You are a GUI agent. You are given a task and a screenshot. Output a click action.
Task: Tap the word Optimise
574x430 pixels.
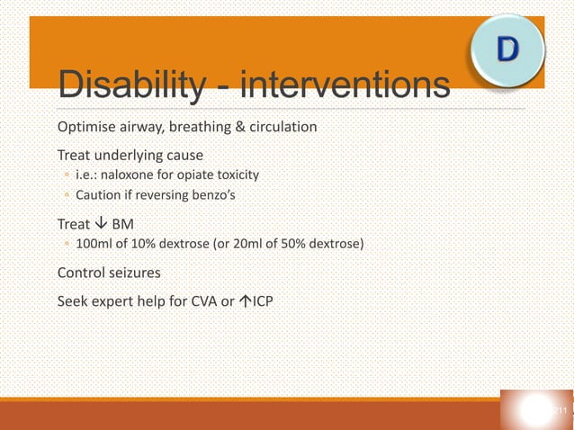pyautogui.click(x=87, y=126)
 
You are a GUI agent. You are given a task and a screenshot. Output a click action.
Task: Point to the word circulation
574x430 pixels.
pyautogui.click(x=280, y=126)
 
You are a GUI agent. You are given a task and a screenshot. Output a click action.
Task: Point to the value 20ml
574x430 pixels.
pyautogui.click(x=249, y=244)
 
